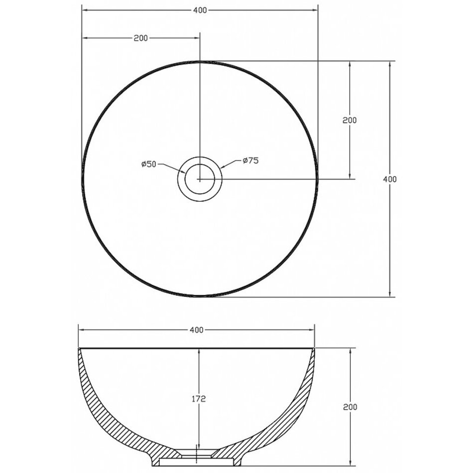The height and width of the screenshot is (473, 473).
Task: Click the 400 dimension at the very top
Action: (x=200, y=10)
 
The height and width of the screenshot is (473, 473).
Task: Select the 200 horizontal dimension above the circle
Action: (x=141, y=38)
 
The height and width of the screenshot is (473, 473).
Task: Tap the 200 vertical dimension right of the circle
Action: (x=350, y=120)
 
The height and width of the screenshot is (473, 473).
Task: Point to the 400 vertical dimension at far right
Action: (x=390, y=179)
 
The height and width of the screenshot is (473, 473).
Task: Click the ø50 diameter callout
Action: (x=149, y=164)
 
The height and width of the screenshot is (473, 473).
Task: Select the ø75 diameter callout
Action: (x=250, y=160)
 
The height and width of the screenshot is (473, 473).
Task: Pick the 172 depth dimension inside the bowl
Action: (x=199, y=399)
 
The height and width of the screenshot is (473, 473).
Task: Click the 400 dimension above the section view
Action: (x=197, y=330)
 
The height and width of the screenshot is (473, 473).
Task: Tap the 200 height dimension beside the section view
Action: (x=350, y=407)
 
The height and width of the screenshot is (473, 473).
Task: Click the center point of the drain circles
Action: (x=199, y=179)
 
